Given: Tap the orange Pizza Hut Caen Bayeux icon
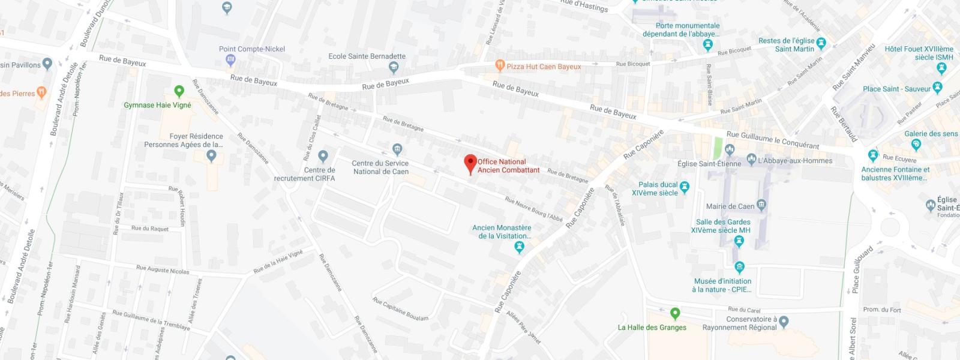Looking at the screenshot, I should coord(499,65).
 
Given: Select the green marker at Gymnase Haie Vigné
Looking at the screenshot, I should coord(179,91).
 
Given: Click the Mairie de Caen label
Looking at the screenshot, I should coord(730,206).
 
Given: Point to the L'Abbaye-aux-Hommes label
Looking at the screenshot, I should coord(795,160).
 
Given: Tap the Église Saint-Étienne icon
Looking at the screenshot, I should coord(730,149).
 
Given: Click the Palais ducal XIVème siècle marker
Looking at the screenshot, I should coord(685,187).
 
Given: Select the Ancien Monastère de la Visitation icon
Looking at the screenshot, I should coord(520,247).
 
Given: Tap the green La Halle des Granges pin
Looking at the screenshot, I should coord(675,313).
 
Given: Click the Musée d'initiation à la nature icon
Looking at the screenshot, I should coord(739,267).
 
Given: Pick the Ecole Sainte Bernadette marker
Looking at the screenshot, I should coord(394,67).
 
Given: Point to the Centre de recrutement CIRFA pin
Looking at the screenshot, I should coord(323,157).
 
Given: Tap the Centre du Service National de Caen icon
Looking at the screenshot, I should coord(397,149).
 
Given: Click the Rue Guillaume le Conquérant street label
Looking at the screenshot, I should coord(772,140).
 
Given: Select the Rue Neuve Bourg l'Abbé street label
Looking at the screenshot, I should coord(534,209).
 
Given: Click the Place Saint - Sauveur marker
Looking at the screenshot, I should coord(939,89).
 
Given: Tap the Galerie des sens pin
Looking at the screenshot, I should coord(916,144).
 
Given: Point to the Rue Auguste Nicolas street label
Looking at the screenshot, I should coord(162,269).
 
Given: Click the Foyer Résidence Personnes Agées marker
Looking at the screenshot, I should coord(211,156).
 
